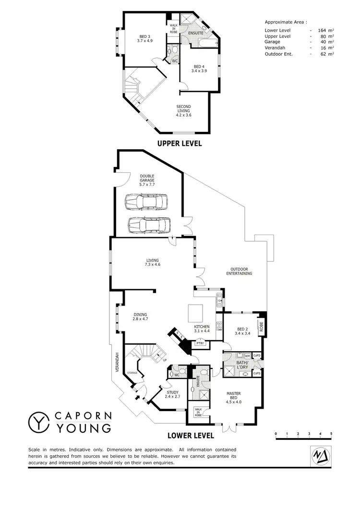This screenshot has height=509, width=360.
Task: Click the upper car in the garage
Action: click(147, 202)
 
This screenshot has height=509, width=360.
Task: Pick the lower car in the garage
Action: click(149, 225)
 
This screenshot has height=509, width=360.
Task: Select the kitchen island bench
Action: click(195, 313)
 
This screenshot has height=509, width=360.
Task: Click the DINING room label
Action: click(140, 317)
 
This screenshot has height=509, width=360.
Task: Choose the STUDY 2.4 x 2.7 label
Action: click(172, 395)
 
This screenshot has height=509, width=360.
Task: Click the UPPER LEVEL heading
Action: click(180, 143)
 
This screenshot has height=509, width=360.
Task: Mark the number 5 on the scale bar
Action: click(331, 434)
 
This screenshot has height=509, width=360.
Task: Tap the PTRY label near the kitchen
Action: click(199, 344)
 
